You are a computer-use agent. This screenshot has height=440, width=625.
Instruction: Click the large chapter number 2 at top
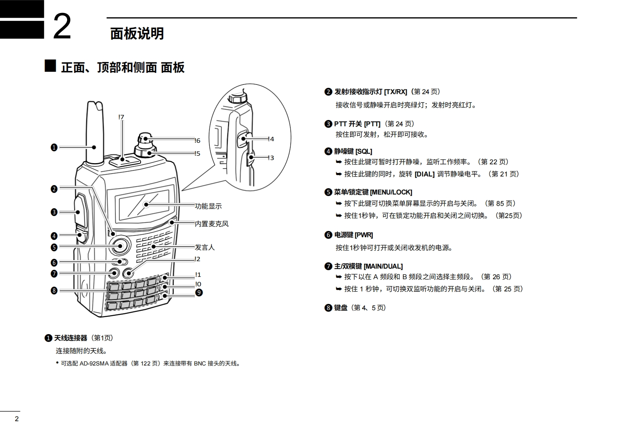[x=62, y=27]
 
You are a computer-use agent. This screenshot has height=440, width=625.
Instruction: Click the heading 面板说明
[x=137, y=34]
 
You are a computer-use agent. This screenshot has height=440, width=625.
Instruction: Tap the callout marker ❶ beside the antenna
[x=54, y=147]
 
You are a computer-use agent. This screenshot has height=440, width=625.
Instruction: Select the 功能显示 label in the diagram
[x=208, y=206]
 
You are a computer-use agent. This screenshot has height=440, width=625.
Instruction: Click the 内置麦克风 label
[x=212, y=224]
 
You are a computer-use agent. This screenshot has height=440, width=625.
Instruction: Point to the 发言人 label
[x=205, y=247]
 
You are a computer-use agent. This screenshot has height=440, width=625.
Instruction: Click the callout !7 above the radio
[x=121, y=117]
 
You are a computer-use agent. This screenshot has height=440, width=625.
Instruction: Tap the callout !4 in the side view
[x=270, y=139]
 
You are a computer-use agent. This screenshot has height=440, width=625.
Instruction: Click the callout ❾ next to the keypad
[x=199, y=293]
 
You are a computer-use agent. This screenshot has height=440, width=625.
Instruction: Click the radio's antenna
[x=95, y=133]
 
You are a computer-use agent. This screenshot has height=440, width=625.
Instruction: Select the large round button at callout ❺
[x=119, y=246]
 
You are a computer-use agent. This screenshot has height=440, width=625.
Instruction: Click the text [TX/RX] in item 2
[x=395, y=92]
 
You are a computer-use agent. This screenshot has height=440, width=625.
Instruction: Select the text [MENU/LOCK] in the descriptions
[x=391, y=192]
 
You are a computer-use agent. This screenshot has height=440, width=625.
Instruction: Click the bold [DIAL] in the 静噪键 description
[x=424, y=174]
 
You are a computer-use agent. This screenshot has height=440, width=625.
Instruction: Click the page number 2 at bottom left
[x=16, y=419]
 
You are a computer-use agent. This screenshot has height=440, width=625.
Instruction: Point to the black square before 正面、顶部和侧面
[x=50, y=66]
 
